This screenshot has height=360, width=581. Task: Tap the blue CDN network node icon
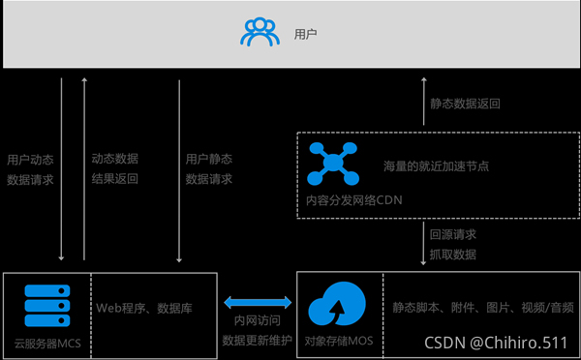(x=332, y=163)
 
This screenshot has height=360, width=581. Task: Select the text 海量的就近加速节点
(x=436, y=166)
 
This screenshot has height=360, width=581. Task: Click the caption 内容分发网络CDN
(x=352, y=200)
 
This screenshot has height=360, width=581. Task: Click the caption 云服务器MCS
(x=46, y=343)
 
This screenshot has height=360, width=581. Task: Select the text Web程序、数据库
(x=143, y=309)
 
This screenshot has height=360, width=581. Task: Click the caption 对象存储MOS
(x=336, y=342)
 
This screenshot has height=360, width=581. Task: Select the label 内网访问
(x=257, y=321)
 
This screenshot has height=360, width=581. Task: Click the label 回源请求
(x=453, y=234)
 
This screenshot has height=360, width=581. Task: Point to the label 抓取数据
(x=453, y=254)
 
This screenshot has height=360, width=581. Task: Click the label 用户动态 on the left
(x=30, y=159)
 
